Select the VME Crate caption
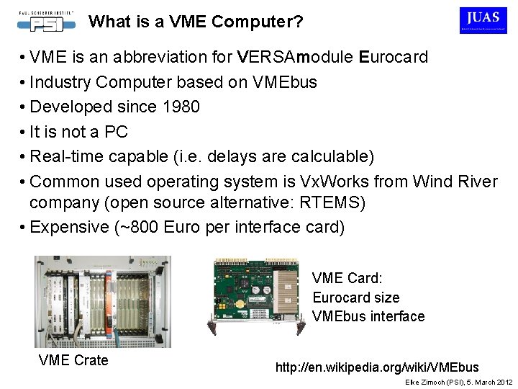pos(73,359)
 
